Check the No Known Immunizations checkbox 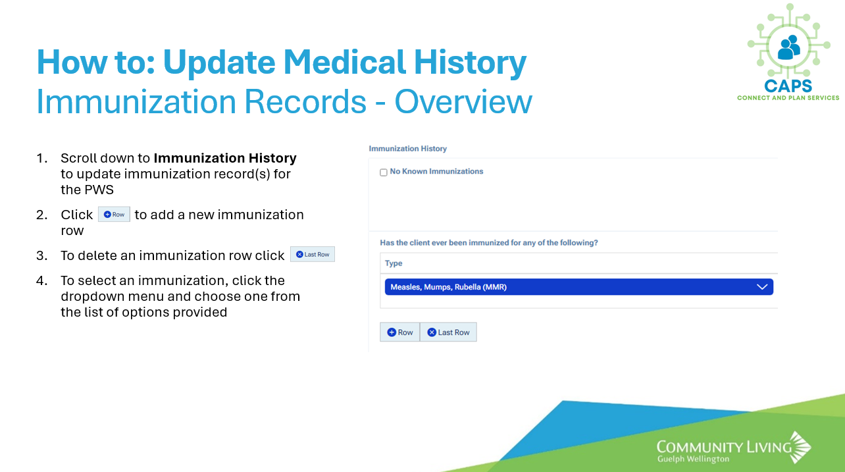coord(383,172)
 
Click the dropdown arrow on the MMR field coord(762,287)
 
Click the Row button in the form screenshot coord(400,332)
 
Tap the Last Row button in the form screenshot coord(448,332)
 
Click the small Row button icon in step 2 coord(114,215)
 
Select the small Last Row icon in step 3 coord(313,254)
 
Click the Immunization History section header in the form coord(408,149)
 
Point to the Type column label coord(394,263)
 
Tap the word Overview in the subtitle coord(463,101)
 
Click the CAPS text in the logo coord(788,86)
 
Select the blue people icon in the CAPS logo coord(789,47)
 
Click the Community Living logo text coord(724,448)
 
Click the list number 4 coord(41,280)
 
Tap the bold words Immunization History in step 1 coord(225,158)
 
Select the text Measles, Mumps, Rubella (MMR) coord(449,287)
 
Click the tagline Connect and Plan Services coord(788,98)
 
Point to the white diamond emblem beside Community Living coord(800,447)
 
